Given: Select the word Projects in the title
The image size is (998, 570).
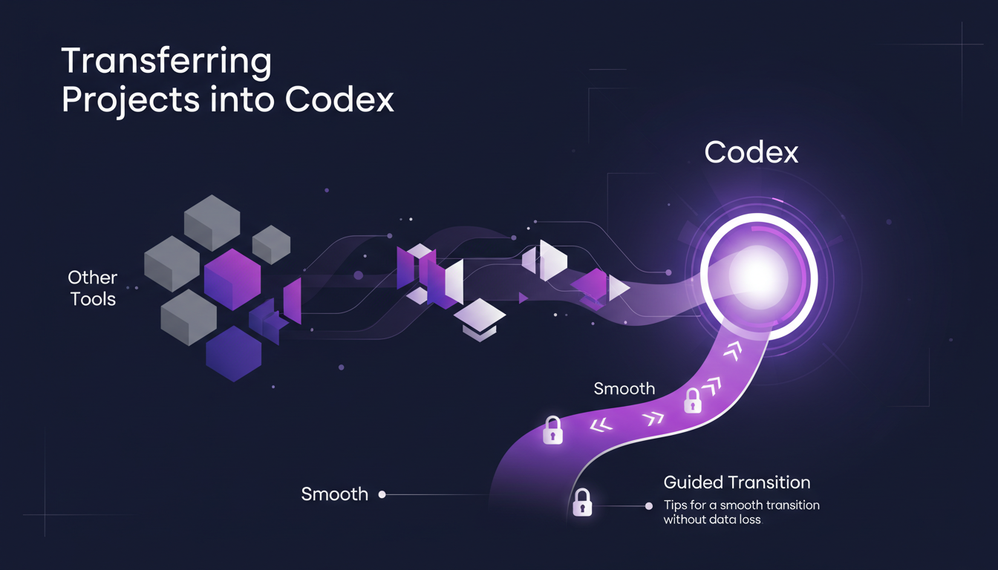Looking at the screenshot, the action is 131,101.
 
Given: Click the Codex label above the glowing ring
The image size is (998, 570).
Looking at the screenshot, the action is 751,153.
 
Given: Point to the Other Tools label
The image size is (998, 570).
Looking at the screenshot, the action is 93,288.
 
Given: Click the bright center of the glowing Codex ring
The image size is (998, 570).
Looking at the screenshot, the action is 758,277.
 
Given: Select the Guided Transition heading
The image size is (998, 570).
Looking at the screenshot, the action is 737,482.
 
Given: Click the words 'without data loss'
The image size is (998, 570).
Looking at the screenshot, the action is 712,520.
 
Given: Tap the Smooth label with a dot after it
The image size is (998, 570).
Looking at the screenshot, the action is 335,494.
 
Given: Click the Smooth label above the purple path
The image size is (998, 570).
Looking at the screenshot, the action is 624,389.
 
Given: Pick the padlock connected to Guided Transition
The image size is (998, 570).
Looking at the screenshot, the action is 582,502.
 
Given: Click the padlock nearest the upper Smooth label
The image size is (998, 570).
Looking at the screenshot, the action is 692,400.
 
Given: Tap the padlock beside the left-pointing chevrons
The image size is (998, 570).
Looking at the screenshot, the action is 552,430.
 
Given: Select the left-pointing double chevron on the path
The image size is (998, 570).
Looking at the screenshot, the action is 601,425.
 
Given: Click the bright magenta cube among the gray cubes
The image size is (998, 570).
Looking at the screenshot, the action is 232,279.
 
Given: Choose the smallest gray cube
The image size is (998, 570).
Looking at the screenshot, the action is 271,244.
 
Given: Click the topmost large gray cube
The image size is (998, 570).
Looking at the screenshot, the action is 212,223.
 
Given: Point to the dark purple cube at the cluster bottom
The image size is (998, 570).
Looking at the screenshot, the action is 233,354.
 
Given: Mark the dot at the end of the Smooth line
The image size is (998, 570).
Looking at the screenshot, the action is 382,494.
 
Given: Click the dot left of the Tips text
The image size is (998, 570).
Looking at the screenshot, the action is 649,506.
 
